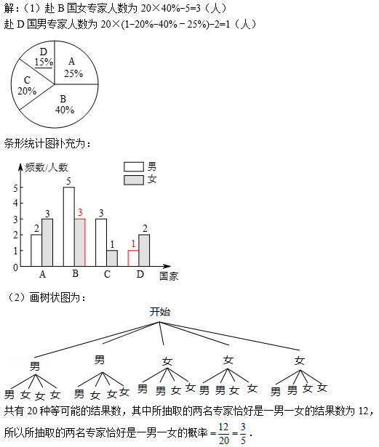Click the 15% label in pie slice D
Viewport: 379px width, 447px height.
click(x=44, y=62)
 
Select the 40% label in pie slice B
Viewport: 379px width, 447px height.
click(x=65, y=110)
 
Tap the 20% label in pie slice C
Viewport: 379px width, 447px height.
click(x=27, y=91)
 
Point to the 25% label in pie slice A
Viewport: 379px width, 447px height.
click(x=73, y=73)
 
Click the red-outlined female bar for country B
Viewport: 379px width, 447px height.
click(x=80, y=243)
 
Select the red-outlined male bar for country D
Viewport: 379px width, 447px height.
click(x=133, y=258)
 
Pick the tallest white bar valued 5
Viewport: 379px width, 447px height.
click(x=69, y=227)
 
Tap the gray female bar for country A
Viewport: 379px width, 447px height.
click(x=47, y=243)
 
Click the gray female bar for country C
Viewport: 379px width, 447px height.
click(x=112, y=258)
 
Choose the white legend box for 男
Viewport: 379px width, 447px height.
click(x=134, y=166)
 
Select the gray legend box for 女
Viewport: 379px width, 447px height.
click(x=134, y=180)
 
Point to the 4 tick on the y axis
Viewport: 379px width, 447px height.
click(x=15, y=204)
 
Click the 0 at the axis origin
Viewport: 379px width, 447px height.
click(x=15, y=267)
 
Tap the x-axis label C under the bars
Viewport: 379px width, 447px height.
click(x=107, y=274)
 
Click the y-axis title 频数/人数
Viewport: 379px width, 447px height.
click(x=47, y=167)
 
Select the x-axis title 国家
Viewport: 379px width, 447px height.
click(x=169, y=276)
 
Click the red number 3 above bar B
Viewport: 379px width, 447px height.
click(x=80, y=212)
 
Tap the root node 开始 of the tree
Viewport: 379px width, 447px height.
click(x=160, y=312)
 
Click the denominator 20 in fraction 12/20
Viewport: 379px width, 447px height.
click(x=224, y=440)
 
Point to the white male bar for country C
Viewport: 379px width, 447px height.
click(x=101, y=243)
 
